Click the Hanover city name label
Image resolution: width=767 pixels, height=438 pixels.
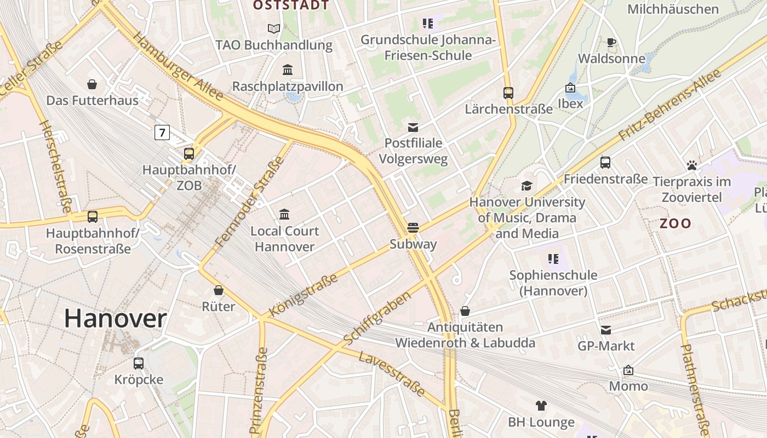coord(116,319)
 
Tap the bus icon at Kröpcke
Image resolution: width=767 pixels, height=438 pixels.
coord(139,363)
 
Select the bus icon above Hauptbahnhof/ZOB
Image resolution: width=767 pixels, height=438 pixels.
coord(189,154)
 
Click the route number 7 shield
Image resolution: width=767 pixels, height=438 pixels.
coord(162,132)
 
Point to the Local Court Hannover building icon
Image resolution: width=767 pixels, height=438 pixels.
coord(284,214)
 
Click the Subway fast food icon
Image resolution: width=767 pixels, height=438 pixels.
coord(413,228)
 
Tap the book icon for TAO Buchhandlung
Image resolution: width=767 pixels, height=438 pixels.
coord(273,28)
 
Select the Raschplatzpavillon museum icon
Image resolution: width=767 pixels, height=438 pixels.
coord(288,70)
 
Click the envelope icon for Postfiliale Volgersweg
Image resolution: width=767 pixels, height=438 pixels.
coord(413,128)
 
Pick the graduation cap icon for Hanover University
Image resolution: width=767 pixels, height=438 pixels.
coord(527,186)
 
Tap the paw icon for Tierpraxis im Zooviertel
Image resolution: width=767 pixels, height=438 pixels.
coord(691,165)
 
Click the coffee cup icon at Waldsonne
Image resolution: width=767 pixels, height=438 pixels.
coord(611,42)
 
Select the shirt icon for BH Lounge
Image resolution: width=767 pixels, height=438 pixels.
coord(541,406)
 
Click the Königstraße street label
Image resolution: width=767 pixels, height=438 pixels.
coord(303,296)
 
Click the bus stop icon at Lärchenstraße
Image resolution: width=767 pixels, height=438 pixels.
coord(508,93)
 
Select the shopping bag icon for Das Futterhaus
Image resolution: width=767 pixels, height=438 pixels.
coord(92,84)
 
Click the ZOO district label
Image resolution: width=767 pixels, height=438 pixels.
coord(675,223)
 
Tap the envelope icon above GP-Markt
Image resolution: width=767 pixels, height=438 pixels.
coord(606,330)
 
